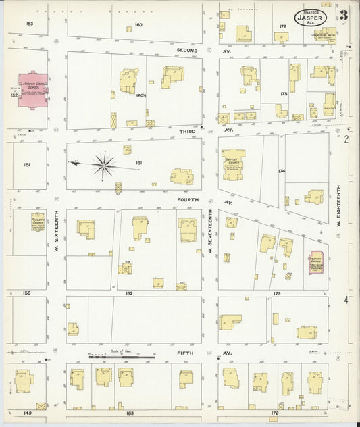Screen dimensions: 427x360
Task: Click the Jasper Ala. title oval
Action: click(x=310, y=17)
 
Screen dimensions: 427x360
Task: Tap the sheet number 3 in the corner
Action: click(x=344, y=15)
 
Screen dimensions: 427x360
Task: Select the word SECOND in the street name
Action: click(x=187, y=51)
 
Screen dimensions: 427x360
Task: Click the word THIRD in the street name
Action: click(x=187, y=129)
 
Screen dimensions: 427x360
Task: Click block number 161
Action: click(x=140, y=163)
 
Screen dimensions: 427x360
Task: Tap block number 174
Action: click(x=281, y=171)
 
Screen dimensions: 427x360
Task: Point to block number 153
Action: click(x=29, y=24)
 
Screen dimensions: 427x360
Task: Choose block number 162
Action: click(x=128, y=293)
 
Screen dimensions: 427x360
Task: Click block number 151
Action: click(x=27, y=164)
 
